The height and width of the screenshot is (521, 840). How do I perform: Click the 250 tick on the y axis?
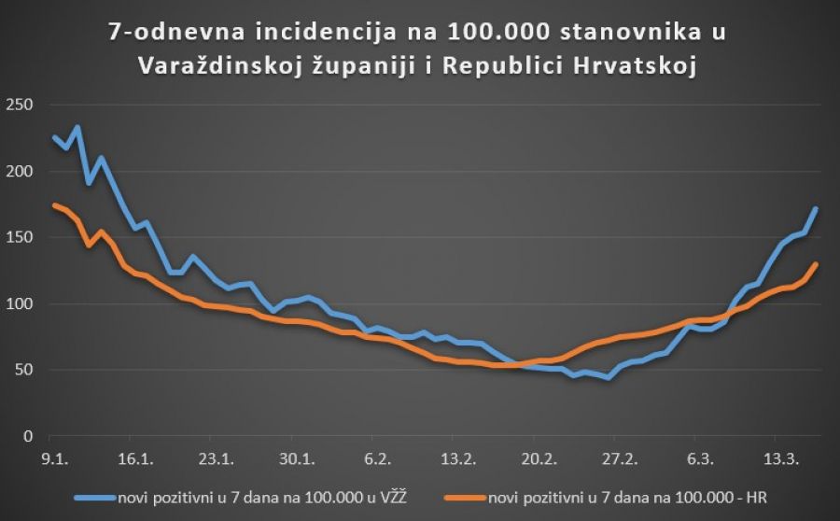coord(18,106)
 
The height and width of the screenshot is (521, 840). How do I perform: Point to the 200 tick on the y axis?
coord(18,172)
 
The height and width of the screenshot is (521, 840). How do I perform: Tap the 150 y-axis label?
coord(18,238)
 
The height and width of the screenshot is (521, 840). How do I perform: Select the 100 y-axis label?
coord(18,304)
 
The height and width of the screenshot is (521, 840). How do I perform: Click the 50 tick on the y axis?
coord(21,371)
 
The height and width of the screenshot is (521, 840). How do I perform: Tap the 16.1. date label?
coord(135,458)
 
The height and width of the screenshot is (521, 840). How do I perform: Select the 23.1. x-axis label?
coord(216,458)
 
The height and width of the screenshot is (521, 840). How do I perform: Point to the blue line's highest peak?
coord(77,127)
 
